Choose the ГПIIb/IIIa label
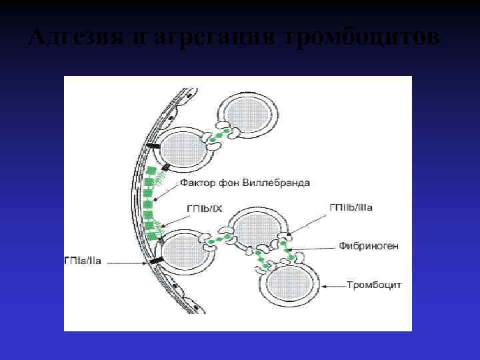[351, 207]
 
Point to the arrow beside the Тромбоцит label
[334, 285]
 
